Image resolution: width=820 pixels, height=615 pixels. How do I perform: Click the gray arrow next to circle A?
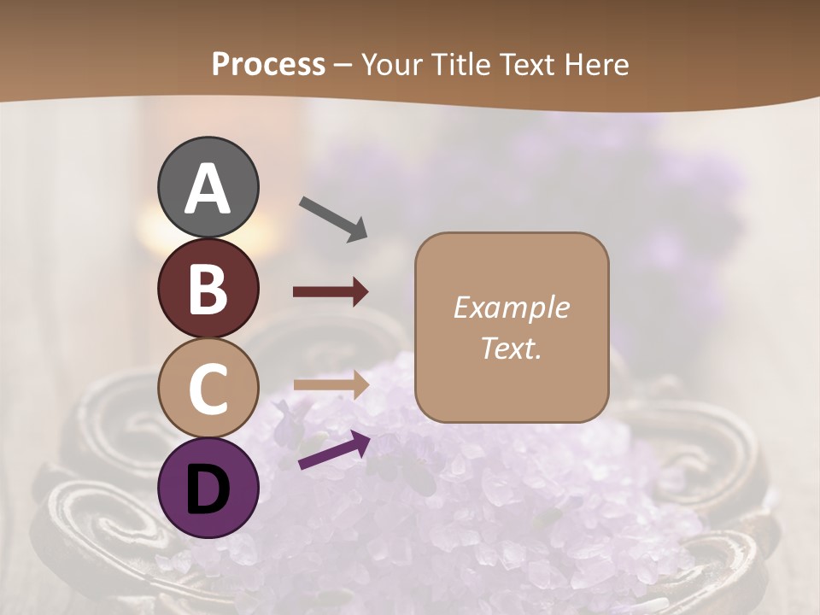pos(333,219)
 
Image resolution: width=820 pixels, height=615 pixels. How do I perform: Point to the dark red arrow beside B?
pos(331,292)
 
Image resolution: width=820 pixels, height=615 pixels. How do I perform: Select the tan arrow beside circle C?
pos(331,384)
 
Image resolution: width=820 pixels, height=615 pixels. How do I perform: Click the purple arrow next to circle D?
pos(334,450)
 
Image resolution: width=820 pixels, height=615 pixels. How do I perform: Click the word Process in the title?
pos(268,64)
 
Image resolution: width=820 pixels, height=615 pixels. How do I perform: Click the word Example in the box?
pos(511,307)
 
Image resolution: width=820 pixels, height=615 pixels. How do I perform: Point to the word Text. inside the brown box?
pos(511,348)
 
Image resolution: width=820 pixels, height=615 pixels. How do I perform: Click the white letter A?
pos(208,189)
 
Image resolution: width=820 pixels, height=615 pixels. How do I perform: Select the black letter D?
pos(208,489)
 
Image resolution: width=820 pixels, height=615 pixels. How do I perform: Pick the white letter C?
pos(208,388)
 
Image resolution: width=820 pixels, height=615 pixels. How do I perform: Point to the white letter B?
pos(208,289)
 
